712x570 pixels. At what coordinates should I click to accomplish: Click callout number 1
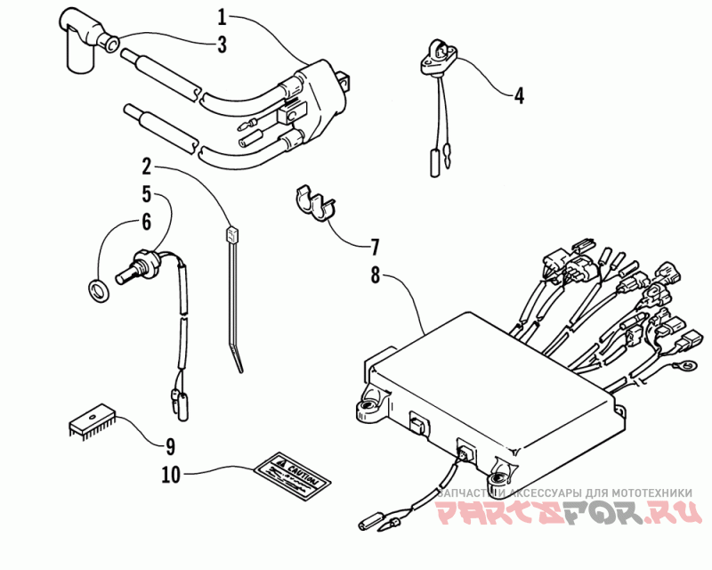(222, 15)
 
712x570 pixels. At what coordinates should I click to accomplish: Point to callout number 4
(518, 94)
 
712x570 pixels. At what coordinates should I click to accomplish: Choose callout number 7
(375, 245)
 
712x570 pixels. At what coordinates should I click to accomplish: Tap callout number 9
(169, 445)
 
